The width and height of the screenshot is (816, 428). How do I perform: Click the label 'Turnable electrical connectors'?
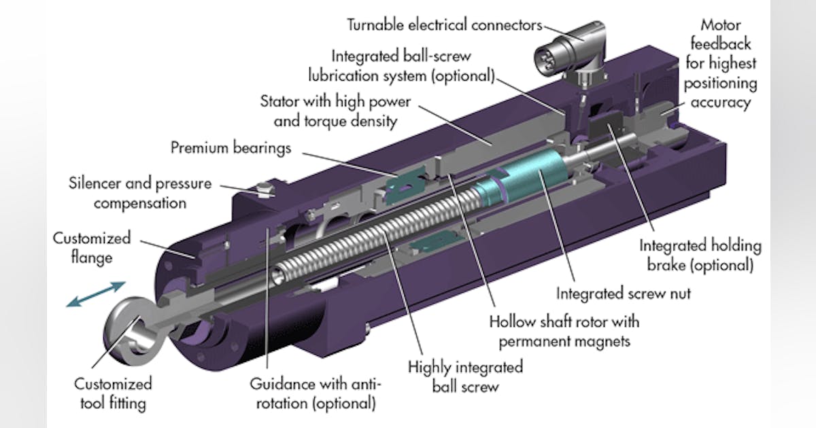pos(445,25)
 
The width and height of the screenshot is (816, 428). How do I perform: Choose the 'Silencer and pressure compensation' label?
pos(140,193)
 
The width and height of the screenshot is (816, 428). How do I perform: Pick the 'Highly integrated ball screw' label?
pos(465,376)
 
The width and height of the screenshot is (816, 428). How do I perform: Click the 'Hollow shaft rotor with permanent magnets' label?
pos(564,330)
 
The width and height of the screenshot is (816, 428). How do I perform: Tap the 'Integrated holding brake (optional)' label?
pos(700,255)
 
